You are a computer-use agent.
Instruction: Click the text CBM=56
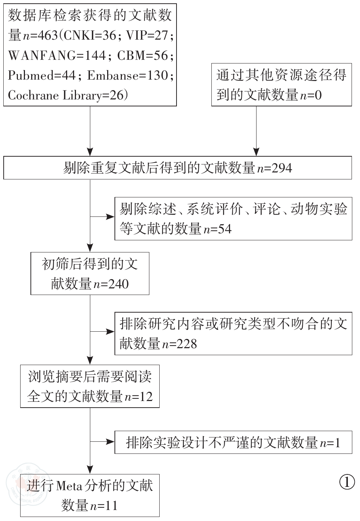coord(143,55)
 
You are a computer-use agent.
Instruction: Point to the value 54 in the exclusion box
coord(225,229)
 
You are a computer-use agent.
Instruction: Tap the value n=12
coord(139,397)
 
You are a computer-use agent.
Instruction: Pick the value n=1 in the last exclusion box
coord(330,443)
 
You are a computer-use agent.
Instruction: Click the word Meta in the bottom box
coord(69,486)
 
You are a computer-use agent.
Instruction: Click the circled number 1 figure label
coord(347,482)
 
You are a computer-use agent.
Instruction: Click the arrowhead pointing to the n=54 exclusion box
coord(110,217)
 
